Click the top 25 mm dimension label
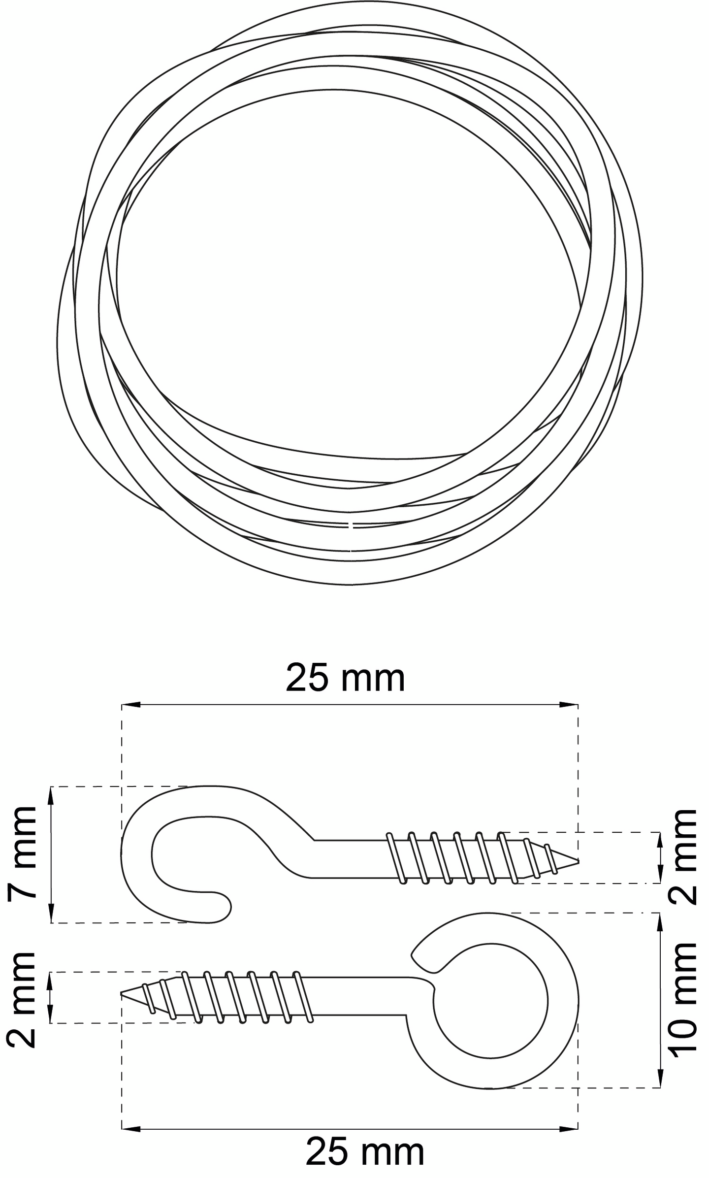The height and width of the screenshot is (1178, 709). click(x=345, y=678)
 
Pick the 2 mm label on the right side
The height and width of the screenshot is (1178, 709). click(x=684, y=857)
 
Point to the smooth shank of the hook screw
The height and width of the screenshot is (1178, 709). click(x=350, y=858)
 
